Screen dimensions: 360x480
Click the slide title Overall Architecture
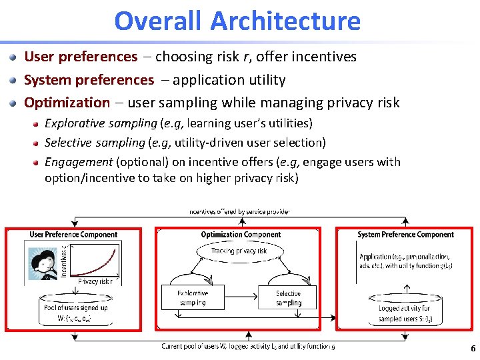coord(237,21)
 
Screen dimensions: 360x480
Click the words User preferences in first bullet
coord(80,57)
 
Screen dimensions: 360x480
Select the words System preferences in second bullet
coord(89,80)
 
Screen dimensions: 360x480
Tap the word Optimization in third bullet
coord(67,103)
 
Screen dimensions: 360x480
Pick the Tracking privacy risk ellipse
coord(240,251)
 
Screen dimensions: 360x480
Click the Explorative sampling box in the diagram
coord(193,297)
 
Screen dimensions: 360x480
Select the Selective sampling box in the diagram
coord(288,297)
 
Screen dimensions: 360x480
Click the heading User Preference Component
coord(73,235)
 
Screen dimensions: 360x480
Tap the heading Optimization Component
coord(241,235)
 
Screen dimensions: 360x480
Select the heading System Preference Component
coord(405,235)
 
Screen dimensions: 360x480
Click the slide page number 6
coord(473,349)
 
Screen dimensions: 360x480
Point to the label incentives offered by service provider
coord(239,212)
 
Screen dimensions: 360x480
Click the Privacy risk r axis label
coord(95,281)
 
